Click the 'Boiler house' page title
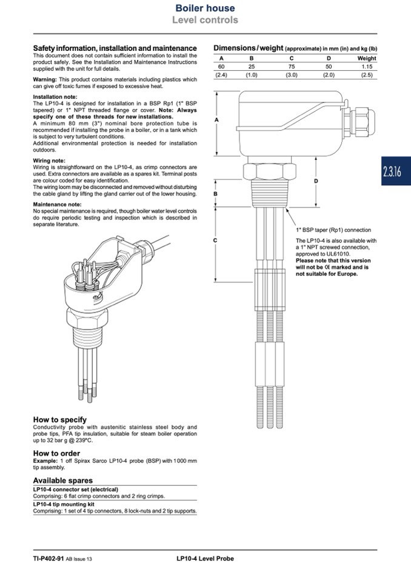[205, 8]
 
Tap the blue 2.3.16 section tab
[392, 171]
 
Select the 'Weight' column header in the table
[366, 58]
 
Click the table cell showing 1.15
[366, 66]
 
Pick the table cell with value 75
[291, 66]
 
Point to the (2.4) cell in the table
[221, 75]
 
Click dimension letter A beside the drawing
[217, 121]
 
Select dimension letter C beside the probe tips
[217, 241]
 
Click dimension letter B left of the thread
[217, 194]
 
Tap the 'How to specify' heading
[59, 419]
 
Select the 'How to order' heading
[56, 453]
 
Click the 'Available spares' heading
[62, 480]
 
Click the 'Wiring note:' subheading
[48, 161]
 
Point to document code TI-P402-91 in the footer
[48, 559]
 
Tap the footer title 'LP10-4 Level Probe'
[201, 559]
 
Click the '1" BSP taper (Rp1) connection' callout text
[333, 230]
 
